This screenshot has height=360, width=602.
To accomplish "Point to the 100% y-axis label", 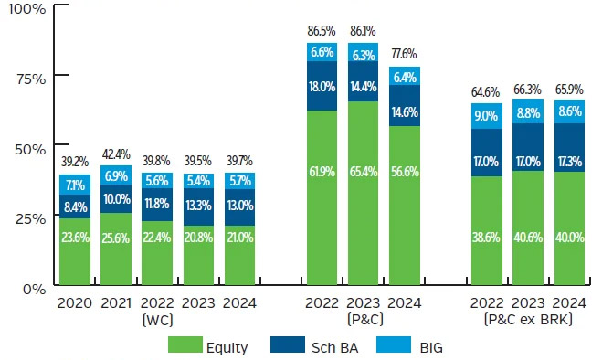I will coord(22,9).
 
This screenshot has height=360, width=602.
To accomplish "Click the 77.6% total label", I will coord(405,55).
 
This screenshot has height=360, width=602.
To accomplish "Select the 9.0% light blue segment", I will coord(486,116).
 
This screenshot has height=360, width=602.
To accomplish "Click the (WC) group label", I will coord(157,321).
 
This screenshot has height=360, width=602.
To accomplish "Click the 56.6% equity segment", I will coord(405,220).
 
